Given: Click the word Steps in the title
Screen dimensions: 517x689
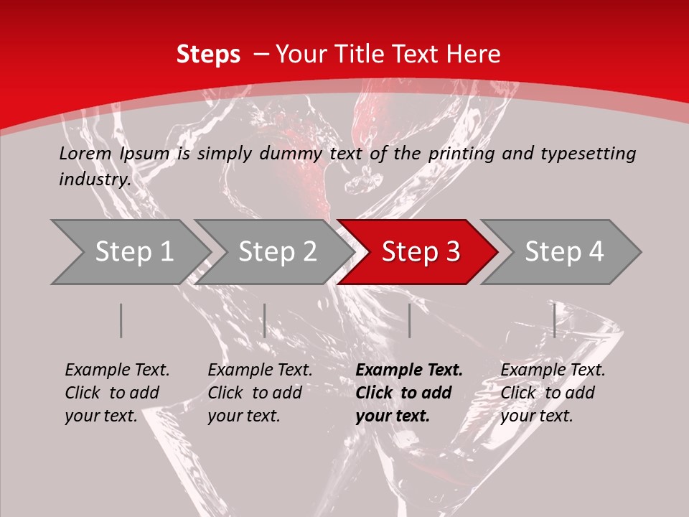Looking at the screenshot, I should [x=208, y=55].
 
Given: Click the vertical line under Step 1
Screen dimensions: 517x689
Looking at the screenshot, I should [x=121, y=320].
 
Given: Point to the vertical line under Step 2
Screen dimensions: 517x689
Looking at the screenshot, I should [x=265, y=320].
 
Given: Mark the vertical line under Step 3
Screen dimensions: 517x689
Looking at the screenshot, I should [x=410, y=320].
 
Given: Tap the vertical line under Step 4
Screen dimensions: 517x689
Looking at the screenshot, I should [x=555, y=320].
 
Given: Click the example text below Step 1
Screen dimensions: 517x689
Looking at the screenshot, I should [x=117, y=393].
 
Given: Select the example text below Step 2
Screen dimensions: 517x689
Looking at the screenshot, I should [x=260, y=393].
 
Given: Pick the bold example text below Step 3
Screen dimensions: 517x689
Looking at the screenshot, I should [x=409, y=393].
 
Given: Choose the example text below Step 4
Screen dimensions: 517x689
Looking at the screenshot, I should [x=553, y=393].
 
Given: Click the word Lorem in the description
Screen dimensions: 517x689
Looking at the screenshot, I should [x=85, y=153].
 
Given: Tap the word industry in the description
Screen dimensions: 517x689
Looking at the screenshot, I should [x=95, y=180].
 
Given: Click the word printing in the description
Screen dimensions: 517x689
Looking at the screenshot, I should [x=461, y=153].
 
